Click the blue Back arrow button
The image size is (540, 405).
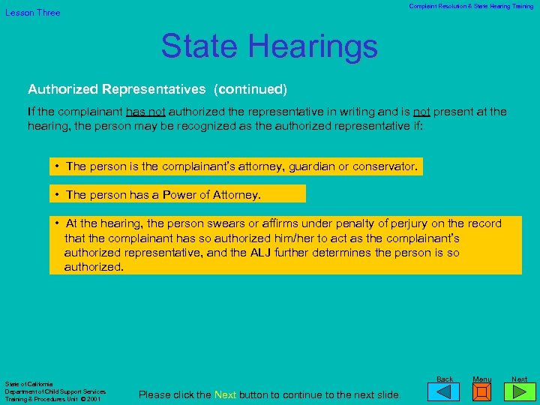tap(445, 391)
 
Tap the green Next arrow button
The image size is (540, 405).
tap(519, 391)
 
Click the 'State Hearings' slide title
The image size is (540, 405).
tap(269, 46)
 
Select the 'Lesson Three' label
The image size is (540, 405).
tap(33, 13)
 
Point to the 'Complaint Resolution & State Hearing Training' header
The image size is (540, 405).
tap(471, 6)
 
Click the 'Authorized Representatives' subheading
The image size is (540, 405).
tap(116, 89)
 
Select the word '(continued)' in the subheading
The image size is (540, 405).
tap(250, 89)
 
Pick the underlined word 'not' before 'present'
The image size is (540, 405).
tap(421, 112)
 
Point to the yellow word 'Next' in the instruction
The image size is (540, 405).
tap(226, 394)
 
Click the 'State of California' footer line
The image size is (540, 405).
tap(28, 384)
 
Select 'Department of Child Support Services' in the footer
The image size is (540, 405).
tap(55, 391)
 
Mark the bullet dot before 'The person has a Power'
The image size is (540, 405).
tap(57, 194)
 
